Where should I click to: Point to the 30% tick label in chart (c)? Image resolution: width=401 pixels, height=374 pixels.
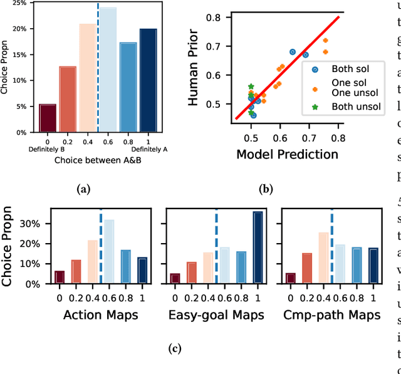tap(33, 224)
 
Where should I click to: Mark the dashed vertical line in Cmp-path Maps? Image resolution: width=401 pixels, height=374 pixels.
tap(332, 244)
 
